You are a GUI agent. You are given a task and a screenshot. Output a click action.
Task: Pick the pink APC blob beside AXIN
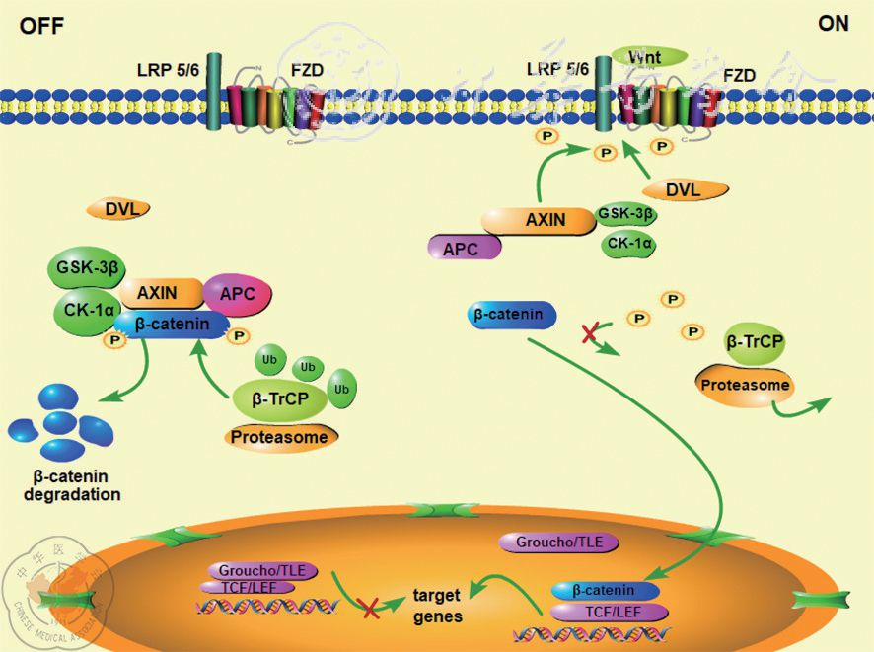(x=237, y=293)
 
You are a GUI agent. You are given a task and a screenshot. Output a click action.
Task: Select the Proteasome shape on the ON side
(x=744, y=385)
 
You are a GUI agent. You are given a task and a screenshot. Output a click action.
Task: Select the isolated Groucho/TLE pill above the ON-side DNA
(x=558, y=542)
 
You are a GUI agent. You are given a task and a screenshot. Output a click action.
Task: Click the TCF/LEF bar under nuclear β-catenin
(x=606, y=611)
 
